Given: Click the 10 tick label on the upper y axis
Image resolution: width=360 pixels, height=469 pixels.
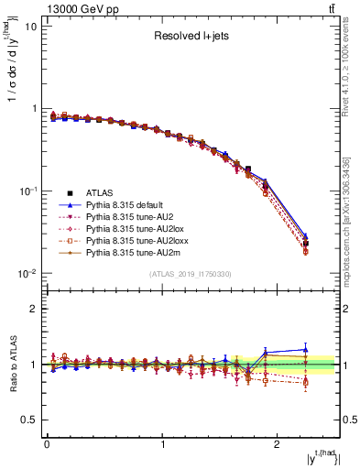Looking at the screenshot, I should [x=30, y=26].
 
